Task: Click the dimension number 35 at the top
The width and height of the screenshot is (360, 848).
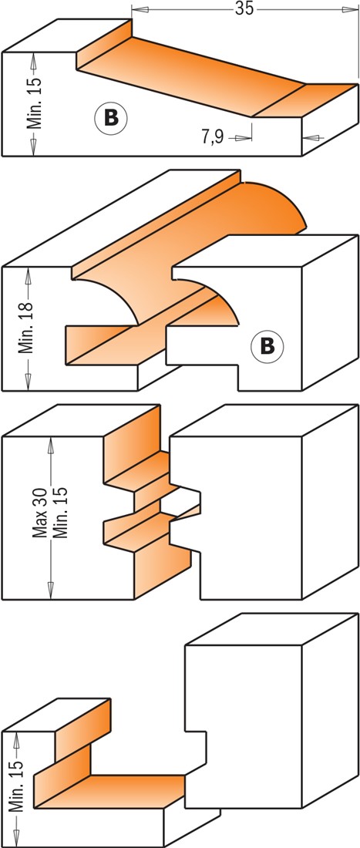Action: pos(244,8)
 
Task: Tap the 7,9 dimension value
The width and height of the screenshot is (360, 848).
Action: pos(213,137)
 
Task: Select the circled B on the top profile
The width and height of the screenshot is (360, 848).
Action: pos(111,117)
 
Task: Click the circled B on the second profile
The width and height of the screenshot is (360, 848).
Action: pos(267,345)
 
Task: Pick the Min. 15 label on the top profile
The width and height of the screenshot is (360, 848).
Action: pos(35,103)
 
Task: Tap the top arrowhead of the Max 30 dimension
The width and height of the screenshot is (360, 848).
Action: pos(51,445)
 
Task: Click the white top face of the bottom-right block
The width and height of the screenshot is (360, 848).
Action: pos(272,629)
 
